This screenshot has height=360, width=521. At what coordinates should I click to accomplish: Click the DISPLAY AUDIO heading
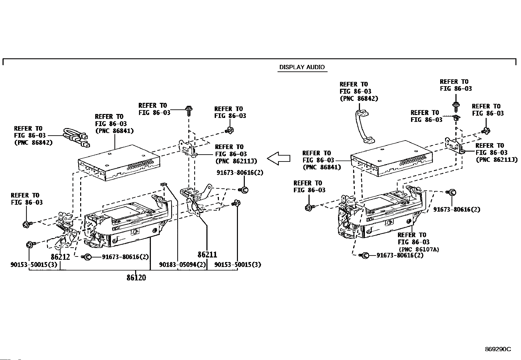[302, 67]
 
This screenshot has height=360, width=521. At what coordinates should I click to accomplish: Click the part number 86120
[136, 278]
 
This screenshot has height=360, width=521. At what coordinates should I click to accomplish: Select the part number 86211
[207, 255]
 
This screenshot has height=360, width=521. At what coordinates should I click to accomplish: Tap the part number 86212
[60, 257]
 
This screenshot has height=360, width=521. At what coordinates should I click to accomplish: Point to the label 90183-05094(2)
[183, 265]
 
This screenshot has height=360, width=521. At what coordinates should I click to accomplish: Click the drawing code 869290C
[498, 349]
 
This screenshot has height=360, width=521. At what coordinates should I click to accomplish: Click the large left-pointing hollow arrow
[278, 158]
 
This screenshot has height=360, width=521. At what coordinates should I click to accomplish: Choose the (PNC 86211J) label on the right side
[496, 160]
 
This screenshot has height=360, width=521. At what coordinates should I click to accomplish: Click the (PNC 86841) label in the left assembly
[114, 131]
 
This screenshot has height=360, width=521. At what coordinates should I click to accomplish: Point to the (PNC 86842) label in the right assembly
[359, 99]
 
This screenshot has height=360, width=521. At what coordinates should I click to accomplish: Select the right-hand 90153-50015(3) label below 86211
[238, 265]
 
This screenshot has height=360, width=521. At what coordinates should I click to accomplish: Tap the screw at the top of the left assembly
[189, 110]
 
